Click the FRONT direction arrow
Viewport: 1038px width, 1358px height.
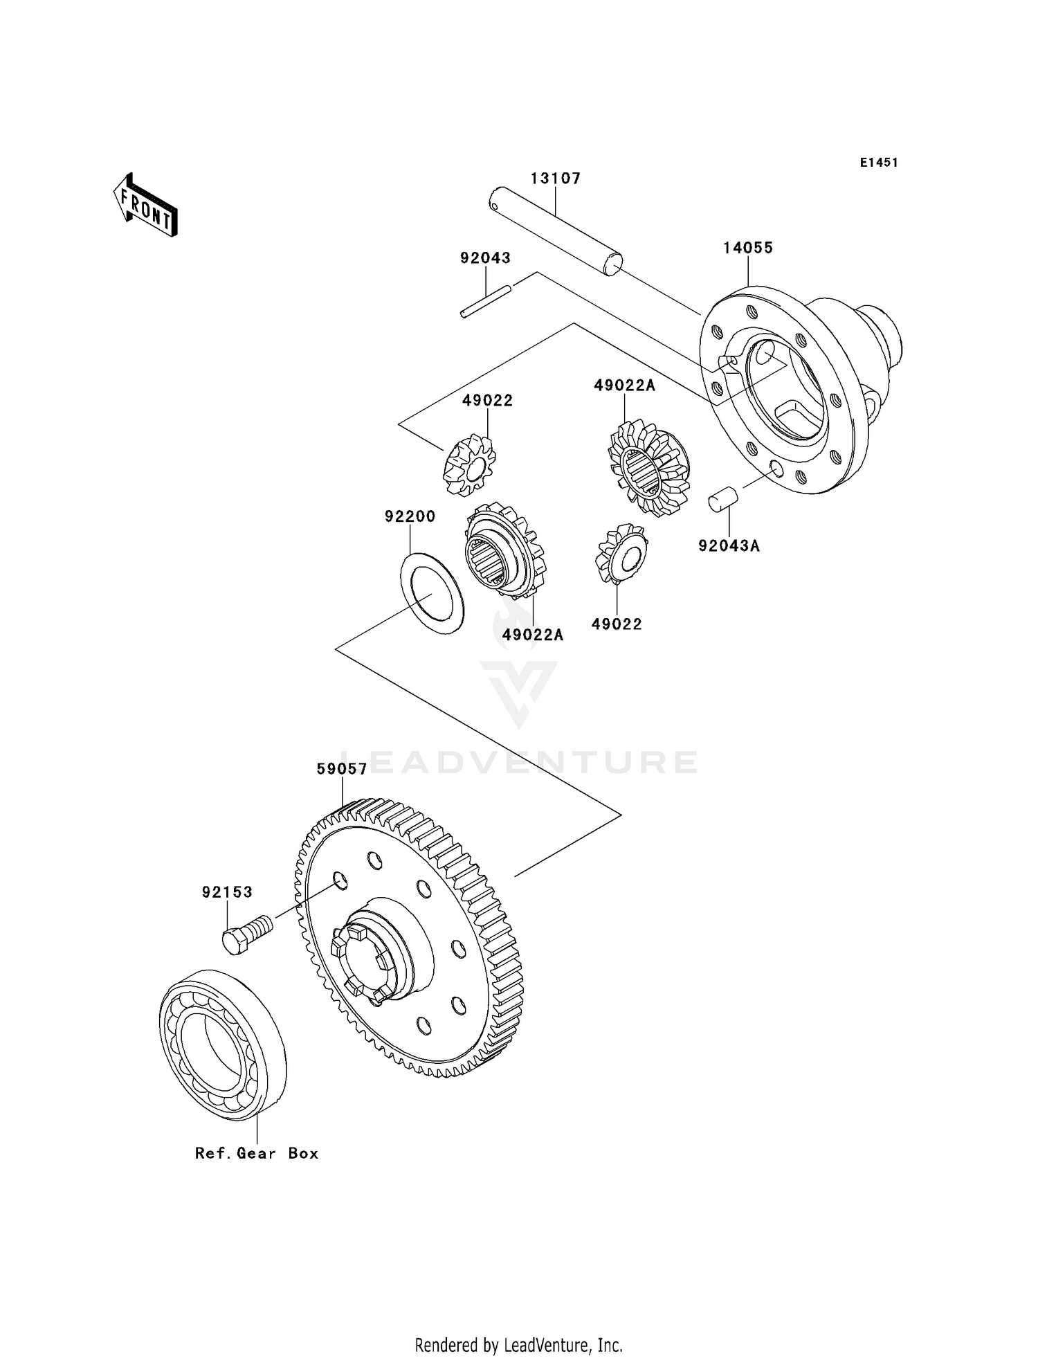point(146,206)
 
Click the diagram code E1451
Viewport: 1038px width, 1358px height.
point(879,163)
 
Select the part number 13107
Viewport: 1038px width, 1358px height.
point(556,179)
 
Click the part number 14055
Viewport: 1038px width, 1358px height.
point(748,248)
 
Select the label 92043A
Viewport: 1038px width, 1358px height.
point(729,545)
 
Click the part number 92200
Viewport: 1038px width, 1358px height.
point(410,516)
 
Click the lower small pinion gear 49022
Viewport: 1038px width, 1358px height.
point(621,553)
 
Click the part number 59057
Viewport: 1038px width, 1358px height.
point(341,769)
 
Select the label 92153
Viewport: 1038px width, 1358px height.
point(227,892)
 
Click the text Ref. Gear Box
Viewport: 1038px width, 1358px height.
point(257,1153)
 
